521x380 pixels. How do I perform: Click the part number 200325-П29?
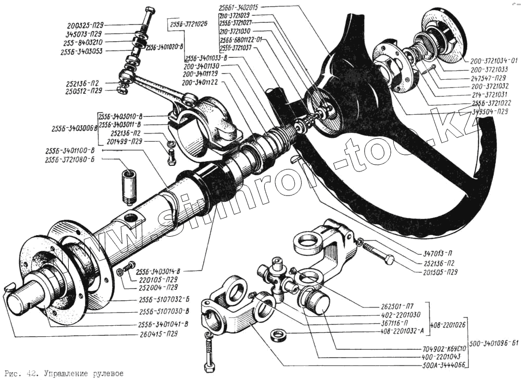pyautogui.click(x=86, y=24)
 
